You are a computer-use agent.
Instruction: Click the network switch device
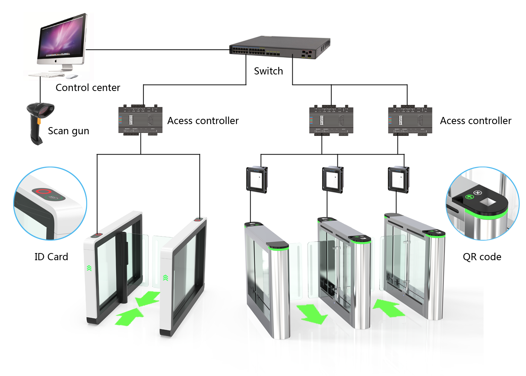[x=280, y=48]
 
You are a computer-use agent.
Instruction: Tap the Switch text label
[x=268, y=71]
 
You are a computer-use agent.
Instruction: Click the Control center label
[x=88, y=88]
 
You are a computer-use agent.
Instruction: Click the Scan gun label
[x=69, y=131]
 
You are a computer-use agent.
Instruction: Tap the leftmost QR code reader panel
[x=257, y=180]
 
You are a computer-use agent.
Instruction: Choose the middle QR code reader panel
[x=333, y=180]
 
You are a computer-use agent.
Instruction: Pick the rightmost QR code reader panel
[x=398, y=180]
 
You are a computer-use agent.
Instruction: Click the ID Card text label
[x=51, y=257]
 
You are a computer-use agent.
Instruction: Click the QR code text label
[x=482, y=257]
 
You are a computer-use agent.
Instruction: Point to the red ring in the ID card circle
[x=42, y=191]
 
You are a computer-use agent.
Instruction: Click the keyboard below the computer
[x=47, y=75]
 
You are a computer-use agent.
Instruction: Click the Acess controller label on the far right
[x=476, y=121]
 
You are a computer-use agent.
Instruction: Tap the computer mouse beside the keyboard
[x=71, y=76]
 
